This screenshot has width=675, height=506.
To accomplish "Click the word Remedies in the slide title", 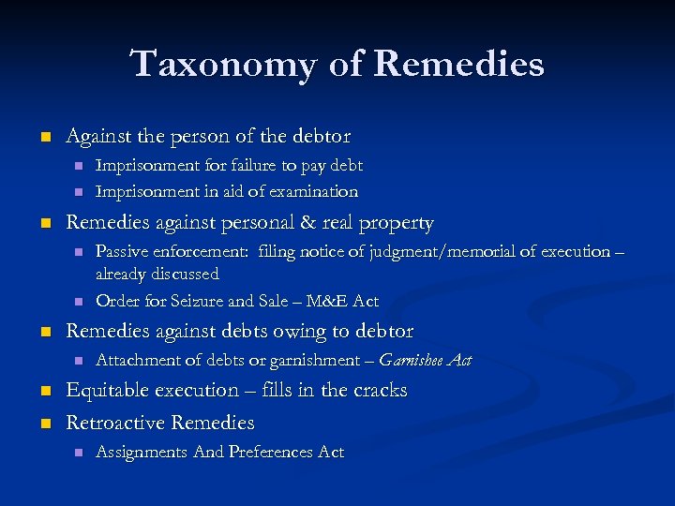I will pyautogui.click(x=458, y=65).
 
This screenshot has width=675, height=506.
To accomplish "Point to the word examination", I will pyautogui.click(x=314, y=191).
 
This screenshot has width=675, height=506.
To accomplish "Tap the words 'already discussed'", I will pyautogui.click(x=157, y=274).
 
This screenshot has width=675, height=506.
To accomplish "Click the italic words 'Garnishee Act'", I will pyautogui.click(x=426, y=360).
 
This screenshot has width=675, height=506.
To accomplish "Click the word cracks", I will pyautogui.click(x=377, y=390).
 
